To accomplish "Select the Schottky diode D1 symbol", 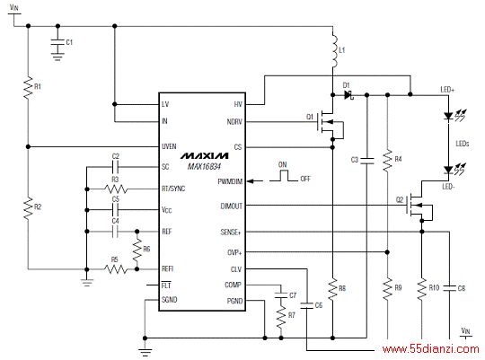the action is pos(348,95).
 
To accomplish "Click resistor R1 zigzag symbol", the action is pos(28,88).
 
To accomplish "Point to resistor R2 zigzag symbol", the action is pos(28,208).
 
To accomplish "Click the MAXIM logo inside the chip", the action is pos(205,155).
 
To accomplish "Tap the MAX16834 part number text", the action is pos(204,167).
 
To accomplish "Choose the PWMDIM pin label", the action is pos(230,181).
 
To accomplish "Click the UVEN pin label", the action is pos(169,146).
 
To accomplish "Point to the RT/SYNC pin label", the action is pos(173,189).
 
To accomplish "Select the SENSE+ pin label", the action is pos(231,232).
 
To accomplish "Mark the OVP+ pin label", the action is pos(234,252).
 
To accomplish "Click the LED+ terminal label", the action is pos(447,90).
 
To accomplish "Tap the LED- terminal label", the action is pos(448,187).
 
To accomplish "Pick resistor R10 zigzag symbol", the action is pos(421,289).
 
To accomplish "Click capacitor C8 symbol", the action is pos(449,288).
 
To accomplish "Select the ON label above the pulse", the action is pos(282,164).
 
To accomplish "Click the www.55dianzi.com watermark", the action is pos(430,349).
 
